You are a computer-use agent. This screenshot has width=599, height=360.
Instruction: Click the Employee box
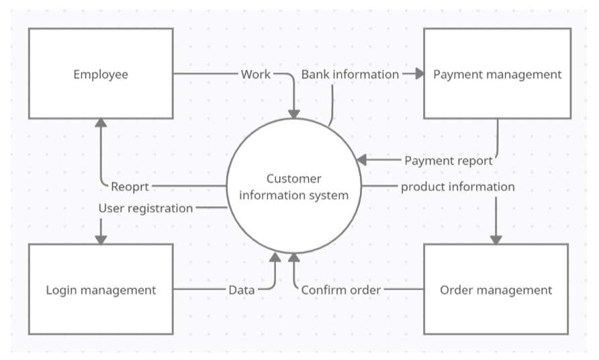(100, 74)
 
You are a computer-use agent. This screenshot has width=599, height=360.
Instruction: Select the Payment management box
(497, 74)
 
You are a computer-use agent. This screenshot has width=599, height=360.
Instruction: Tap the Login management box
(101, 289)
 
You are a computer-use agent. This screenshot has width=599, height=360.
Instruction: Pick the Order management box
(496, 289)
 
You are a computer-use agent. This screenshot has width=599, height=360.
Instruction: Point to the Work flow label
(256, 74)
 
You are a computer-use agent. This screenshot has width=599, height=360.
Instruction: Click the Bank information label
(350, 74)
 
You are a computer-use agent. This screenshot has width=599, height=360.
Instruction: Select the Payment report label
(448, 161)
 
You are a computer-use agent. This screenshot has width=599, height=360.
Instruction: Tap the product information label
(458, 187)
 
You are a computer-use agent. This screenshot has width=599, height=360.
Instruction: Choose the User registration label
(146, 208)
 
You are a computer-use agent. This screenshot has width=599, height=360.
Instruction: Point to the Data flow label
(242, 290)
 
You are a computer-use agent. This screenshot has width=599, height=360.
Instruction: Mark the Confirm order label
(341, 290)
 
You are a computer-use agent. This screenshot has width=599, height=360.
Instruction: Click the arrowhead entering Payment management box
(420, 74)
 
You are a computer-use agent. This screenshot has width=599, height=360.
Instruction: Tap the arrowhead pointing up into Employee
(101, 122)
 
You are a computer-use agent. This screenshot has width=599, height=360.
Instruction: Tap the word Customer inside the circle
(293, 179)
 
